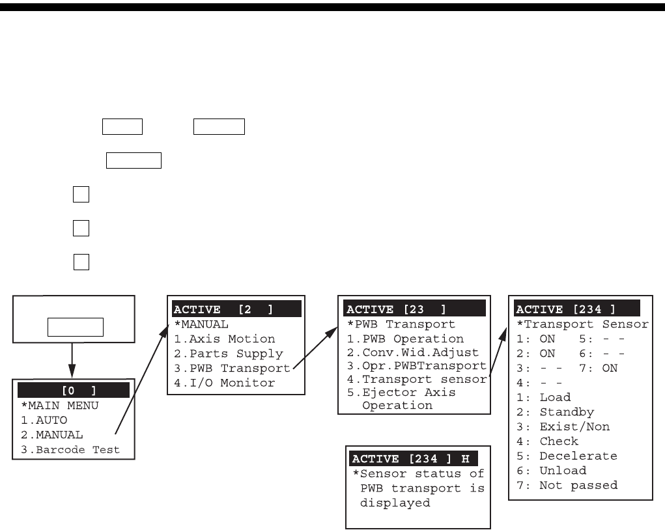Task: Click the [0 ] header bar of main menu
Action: pos(74,391)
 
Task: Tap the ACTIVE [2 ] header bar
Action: pos(236,309)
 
